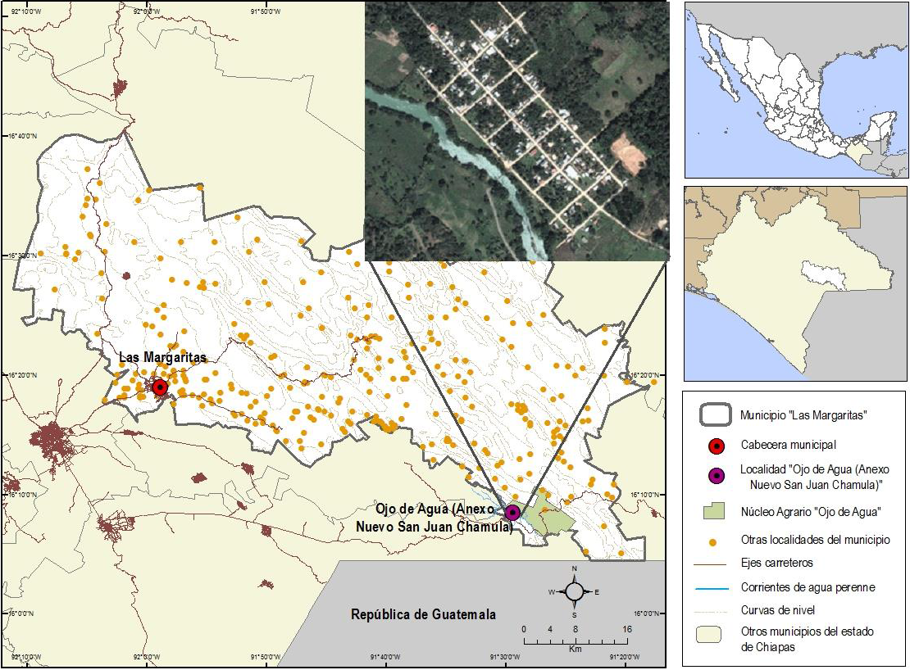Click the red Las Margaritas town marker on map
(160, 387)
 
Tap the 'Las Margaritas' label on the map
(162, 357)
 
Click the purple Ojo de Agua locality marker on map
(512, 513)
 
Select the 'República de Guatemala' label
(423, 614)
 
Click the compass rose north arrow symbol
(575, 591)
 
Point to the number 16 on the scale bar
(626, 629)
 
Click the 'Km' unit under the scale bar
(575, 648)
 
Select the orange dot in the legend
(715, 541)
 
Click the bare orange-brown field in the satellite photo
(629, 152)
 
